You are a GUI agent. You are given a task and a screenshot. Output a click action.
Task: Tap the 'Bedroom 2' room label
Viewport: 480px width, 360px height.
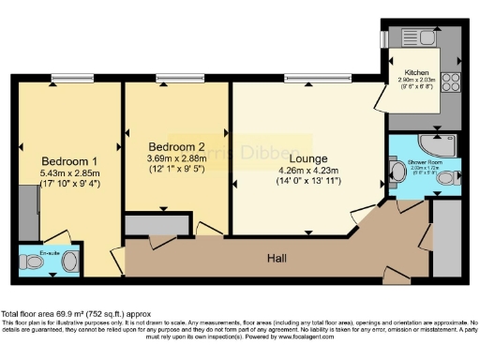(176, 147)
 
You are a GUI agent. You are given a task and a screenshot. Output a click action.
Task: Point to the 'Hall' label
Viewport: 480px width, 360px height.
(277, 256)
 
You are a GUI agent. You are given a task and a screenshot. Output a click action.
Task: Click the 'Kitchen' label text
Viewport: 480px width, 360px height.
(416, 72)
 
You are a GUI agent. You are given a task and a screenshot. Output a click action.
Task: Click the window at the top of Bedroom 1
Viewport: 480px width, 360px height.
(66, 78)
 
